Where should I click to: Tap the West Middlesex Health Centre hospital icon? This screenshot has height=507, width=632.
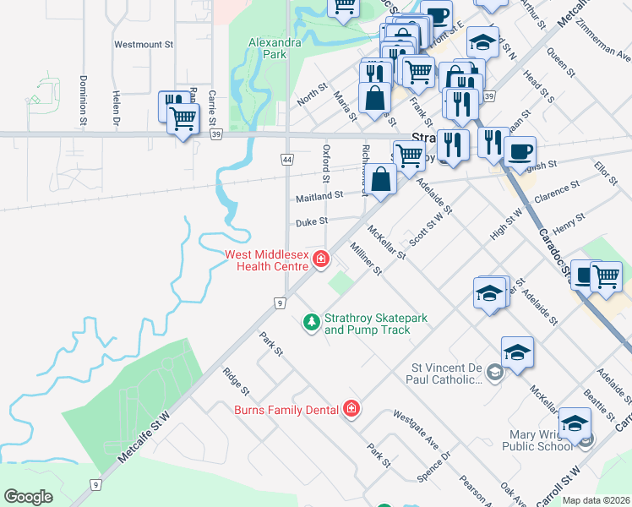tap(320, 259)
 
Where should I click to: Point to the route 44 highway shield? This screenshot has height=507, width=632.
tap(286, 159)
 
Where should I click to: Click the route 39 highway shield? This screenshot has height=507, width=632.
tap(217, 136)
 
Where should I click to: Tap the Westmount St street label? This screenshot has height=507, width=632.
tap(143, 44)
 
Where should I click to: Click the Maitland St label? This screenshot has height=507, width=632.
tap(319, 196)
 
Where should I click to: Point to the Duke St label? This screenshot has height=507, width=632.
tap(311, 223)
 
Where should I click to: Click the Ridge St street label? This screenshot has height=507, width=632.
tap(236, 381)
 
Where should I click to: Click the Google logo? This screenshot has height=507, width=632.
tap(28, 496)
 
